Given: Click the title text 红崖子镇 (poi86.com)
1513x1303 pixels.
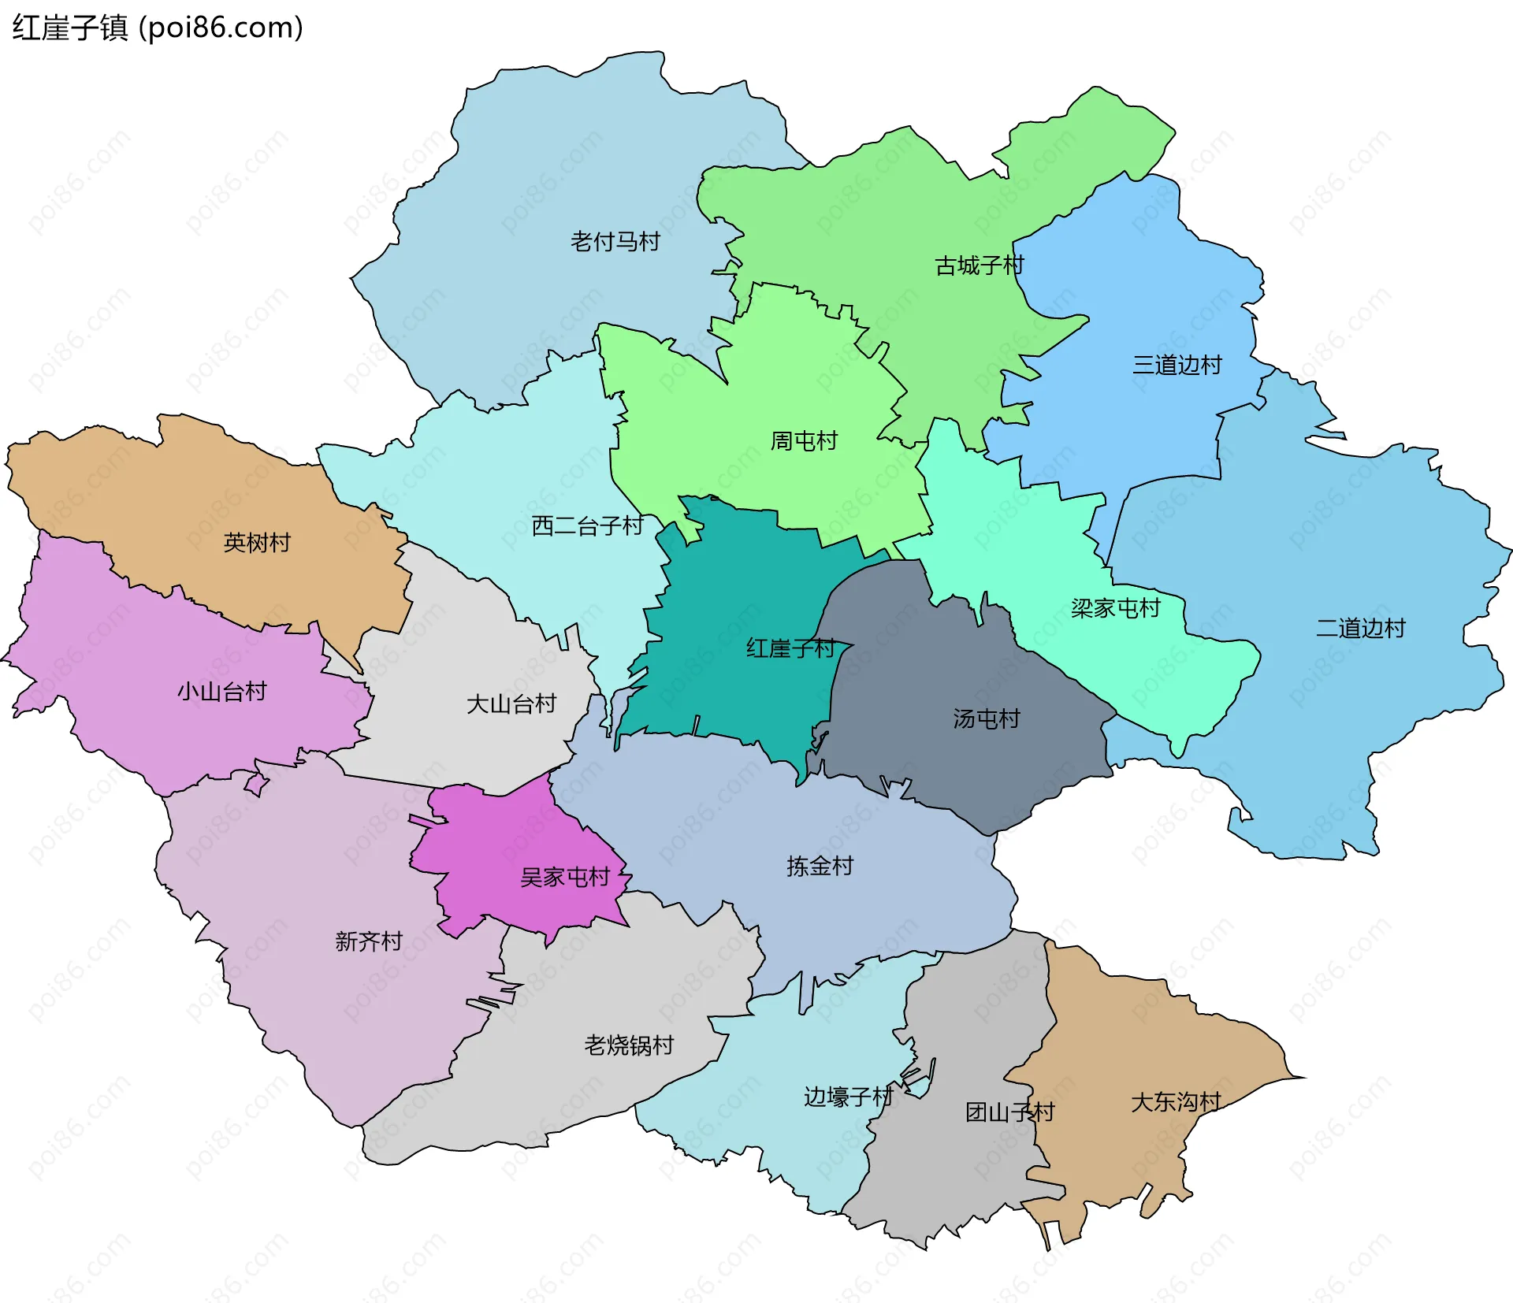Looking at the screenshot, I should coord(158,28).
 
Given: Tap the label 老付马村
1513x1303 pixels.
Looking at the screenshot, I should coord(615,242).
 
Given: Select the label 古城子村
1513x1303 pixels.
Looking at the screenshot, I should coord(979,265).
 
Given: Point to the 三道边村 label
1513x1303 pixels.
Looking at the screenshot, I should coord(1177,365).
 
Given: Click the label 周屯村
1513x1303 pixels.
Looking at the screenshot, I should coord(804,441).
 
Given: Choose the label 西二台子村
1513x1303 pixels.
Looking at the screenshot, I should coord(588,525).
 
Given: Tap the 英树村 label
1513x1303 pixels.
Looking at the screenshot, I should coord(257,543).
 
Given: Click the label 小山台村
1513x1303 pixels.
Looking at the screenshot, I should coord(221,692).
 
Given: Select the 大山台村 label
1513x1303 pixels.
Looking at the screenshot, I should coord(511,703).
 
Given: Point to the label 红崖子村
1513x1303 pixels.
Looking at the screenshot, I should coord(790,648).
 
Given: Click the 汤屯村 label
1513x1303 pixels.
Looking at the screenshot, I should coord(986,718).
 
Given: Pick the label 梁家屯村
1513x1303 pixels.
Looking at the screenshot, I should coord(1115,608).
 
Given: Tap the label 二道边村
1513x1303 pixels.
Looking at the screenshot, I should coord(1361,628).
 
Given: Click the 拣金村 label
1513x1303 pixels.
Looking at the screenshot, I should coord(820,867).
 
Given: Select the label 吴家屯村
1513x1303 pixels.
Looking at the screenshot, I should coord(565,877).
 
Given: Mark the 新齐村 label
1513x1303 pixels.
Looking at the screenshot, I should coord(369,941).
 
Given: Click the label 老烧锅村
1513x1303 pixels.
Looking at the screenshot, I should coord(629,1045).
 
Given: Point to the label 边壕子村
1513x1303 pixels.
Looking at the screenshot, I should coord(848,1097).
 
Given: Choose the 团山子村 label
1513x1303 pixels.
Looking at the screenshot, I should coord(1009,1112).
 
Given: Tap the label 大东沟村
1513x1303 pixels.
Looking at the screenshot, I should coord(1176,1102).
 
